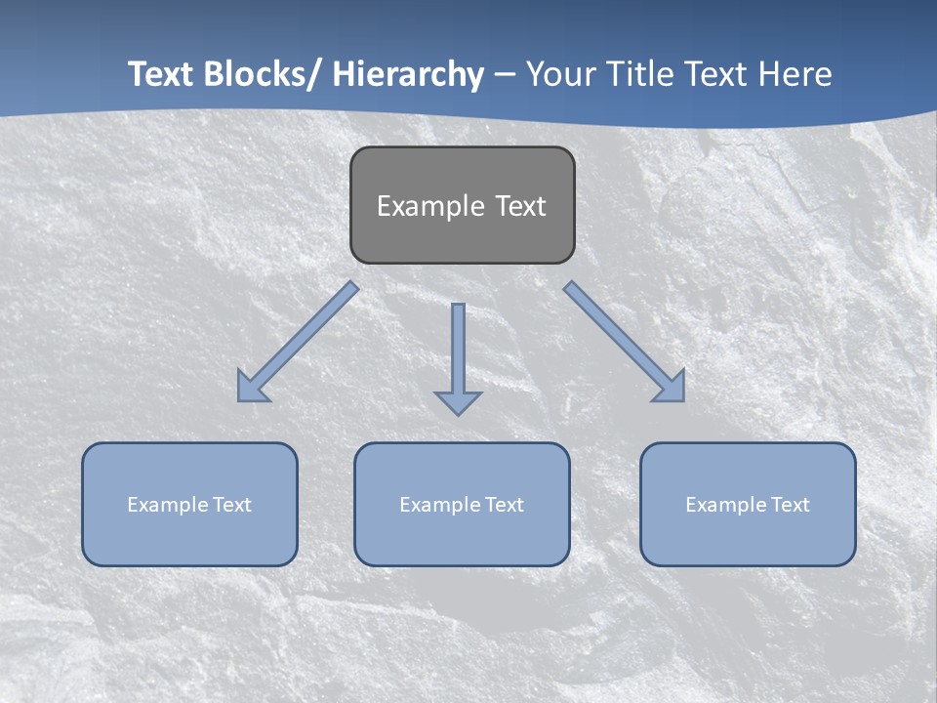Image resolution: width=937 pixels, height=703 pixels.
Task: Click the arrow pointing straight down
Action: click(x=458, y=356)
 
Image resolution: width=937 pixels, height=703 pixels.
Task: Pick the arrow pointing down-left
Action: click(x=298, y=342)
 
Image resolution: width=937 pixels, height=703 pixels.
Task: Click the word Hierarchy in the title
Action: click(x=408, y=74)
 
